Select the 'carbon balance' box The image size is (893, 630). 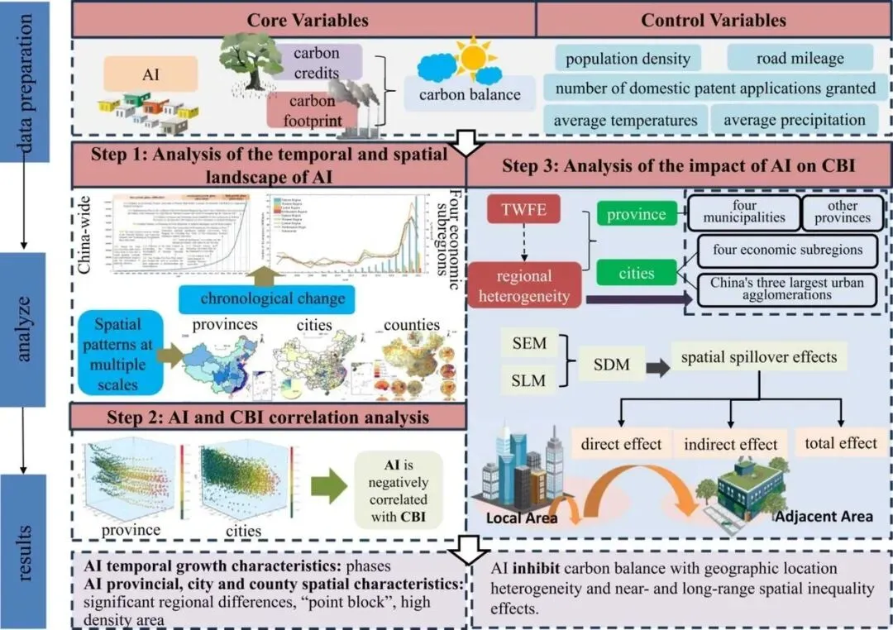coord(470,94)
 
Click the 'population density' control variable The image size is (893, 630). coord(628,58)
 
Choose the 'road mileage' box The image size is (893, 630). coord(800,58)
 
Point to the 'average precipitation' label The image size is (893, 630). coord(794,120)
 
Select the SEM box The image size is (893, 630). coord(530,341)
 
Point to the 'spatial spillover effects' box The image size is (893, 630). coord(758,357)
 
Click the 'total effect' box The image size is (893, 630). coord(841,443)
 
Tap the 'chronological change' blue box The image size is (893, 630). coord(272,298)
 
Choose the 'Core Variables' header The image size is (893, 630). coord(303,20)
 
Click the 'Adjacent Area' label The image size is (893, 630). coord(824,516)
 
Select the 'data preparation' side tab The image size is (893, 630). coord(27,68)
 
